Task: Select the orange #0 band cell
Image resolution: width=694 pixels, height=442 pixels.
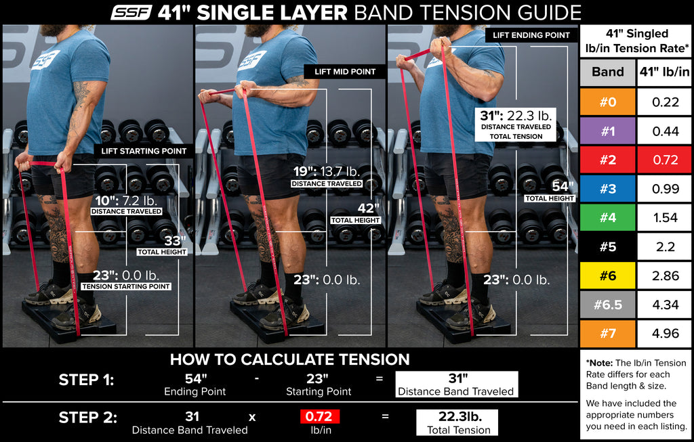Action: [x=608, y=102]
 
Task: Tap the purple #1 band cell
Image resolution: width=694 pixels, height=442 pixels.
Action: [x=608, y=131]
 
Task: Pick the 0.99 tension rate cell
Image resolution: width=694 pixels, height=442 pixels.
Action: [x=665, y=189]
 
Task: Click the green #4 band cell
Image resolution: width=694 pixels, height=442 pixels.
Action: [x=608, y=218]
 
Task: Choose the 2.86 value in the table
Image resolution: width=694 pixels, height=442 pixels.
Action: [x=665, y=275]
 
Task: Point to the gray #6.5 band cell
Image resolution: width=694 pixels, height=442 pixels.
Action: [x=608, y=305]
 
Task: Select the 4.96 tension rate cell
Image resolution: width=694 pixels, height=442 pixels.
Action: [x=665, y=333]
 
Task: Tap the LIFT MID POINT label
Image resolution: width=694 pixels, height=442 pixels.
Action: [x=344, y=71]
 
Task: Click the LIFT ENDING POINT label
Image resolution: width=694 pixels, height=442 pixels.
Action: [x=531, y=35]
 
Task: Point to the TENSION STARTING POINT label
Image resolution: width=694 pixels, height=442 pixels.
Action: [x=125, y=286]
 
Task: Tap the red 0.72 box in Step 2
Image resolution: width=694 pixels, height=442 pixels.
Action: [x=319, y=417]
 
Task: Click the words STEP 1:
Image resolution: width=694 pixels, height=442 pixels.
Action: [x=86, y=380]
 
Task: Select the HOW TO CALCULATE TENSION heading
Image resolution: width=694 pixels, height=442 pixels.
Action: [x=289, y=359]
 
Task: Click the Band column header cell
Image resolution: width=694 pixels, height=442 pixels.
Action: [x=608, y=72]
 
